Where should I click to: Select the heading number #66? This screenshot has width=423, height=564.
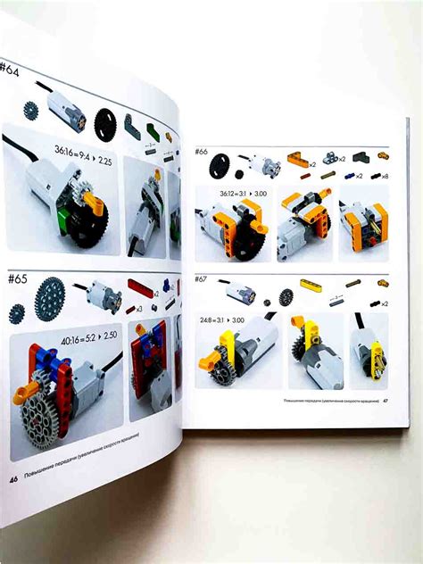(x=203, y=153)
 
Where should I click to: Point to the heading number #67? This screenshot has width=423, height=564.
(x=203, y=278)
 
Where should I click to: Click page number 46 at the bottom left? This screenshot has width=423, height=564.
(x=14, y=478)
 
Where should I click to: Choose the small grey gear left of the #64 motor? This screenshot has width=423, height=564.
(x=30, y=112)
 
